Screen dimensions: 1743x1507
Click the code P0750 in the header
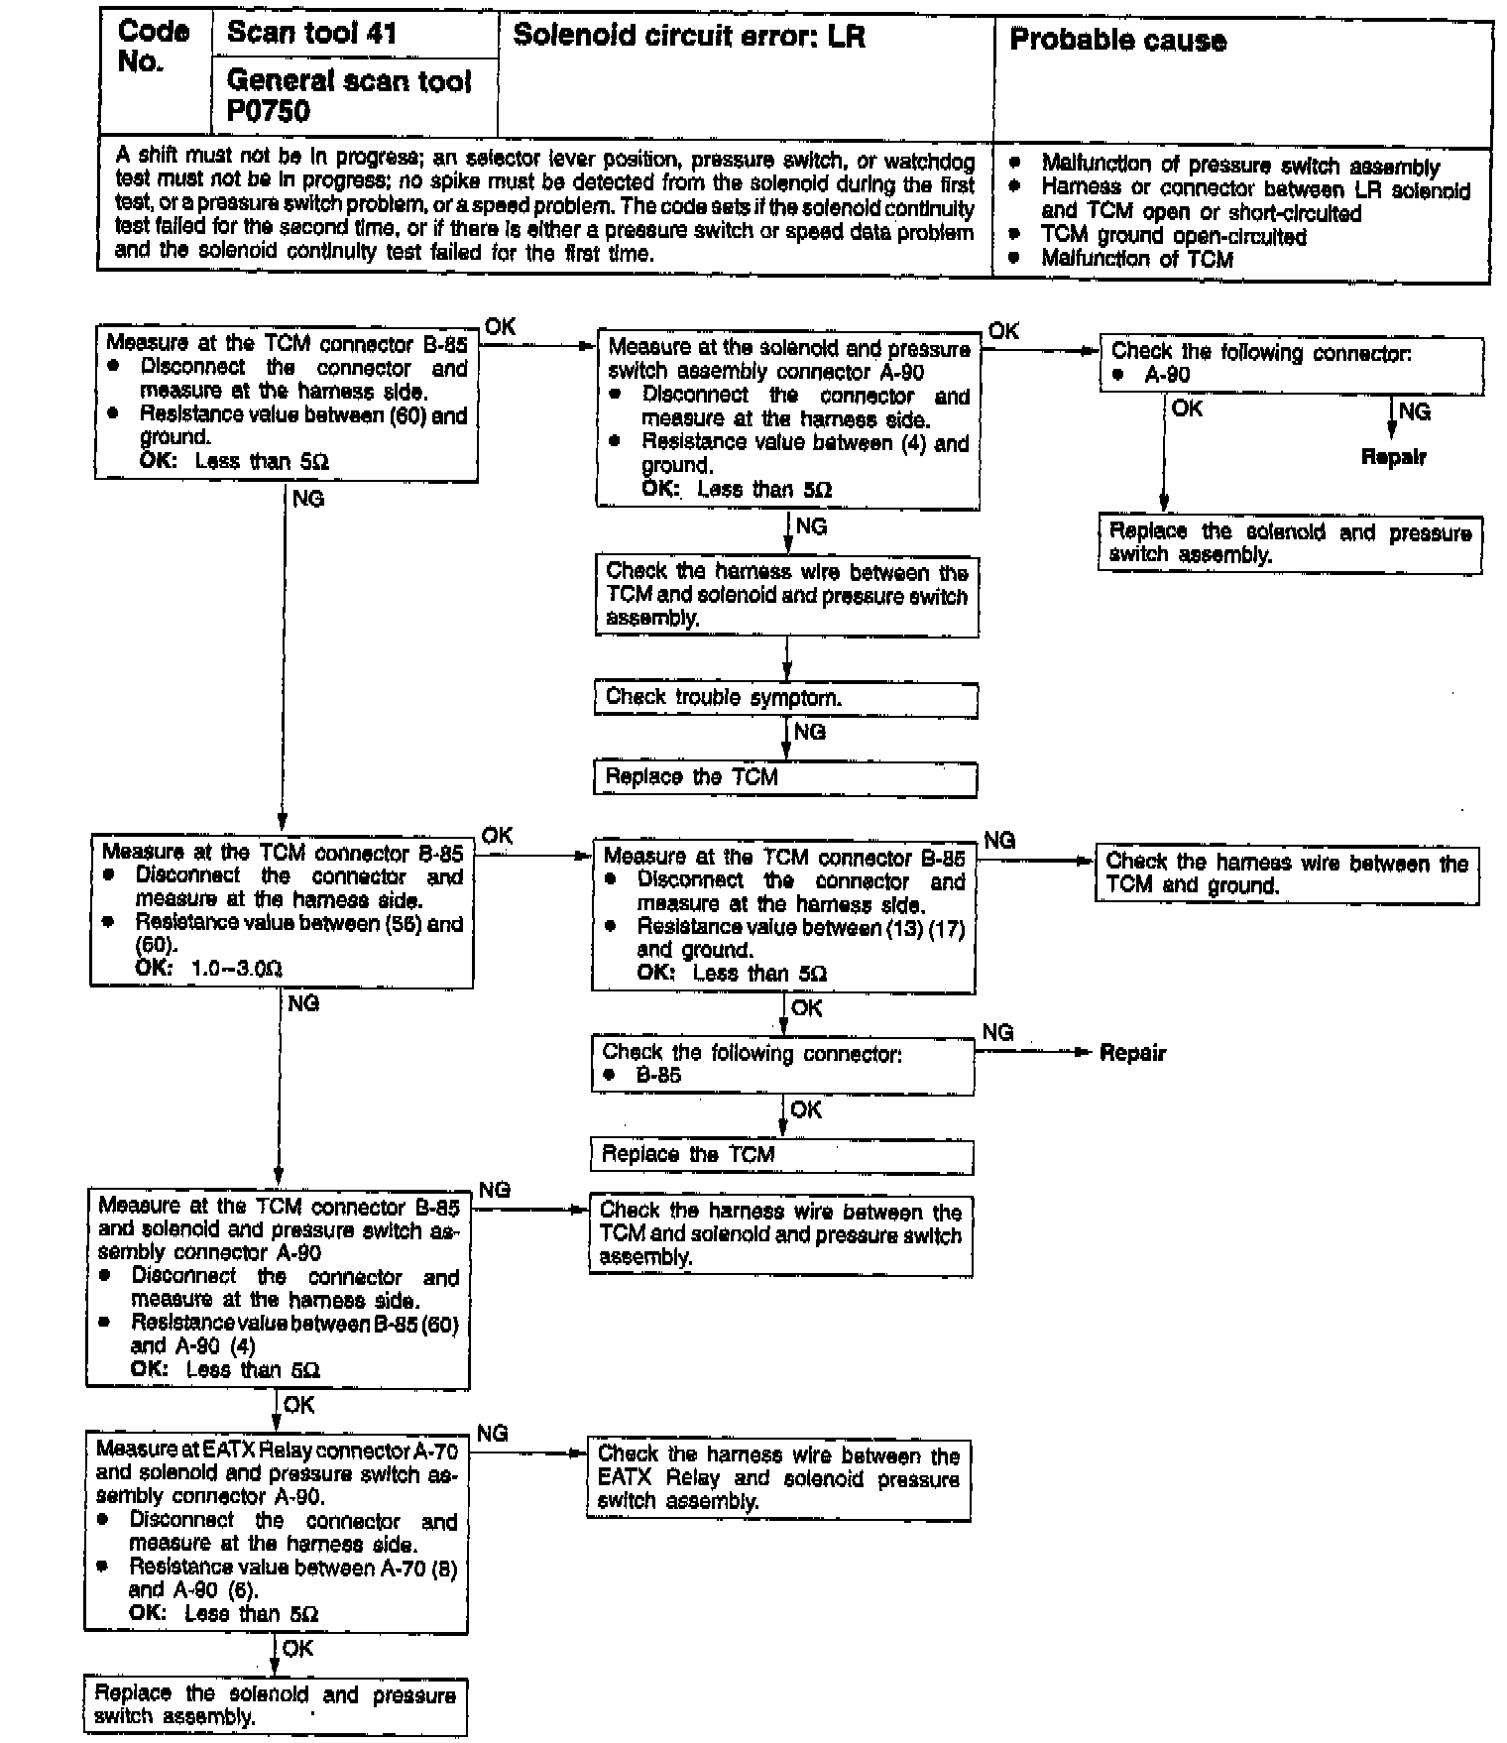click(269, 112)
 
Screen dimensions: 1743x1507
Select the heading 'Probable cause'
click(1117, 41)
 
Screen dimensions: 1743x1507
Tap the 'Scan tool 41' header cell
click(311, 33)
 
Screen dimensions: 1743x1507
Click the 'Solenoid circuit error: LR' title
click(689, 38)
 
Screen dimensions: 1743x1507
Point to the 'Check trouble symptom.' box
click(785, 699)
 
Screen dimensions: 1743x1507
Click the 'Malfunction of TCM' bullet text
click(1136, 260)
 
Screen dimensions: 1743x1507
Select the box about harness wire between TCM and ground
click(1286, 874)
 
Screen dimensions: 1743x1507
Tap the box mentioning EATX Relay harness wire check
click(778, 1479)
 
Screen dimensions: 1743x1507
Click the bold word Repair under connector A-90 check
click(1393, 458)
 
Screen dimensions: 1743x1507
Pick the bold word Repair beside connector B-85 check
click(1132, 1053)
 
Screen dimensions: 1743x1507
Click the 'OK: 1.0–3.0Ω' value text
click(209, 969)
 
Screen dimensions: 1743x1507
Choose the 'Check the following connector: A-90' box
click(1291, 364)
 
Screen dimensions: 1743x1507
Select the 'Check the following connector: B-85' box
click(782, 1065)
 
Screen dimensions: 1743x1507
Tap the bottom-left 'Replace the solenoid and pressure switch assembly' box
click(275, 1705)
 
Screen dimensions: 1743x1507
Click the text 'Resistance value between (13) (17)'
click(800, 928)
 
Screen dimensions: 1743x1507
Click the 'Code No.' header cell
click(154, 48)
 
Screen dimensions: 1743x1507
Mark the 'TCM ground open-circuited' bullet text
click(1173, 237)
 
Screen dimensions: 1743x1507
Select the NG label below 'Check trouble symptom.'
click(810, 732)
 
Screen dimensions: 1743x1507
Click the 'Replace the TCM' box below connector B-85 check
click(781, 1155)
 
